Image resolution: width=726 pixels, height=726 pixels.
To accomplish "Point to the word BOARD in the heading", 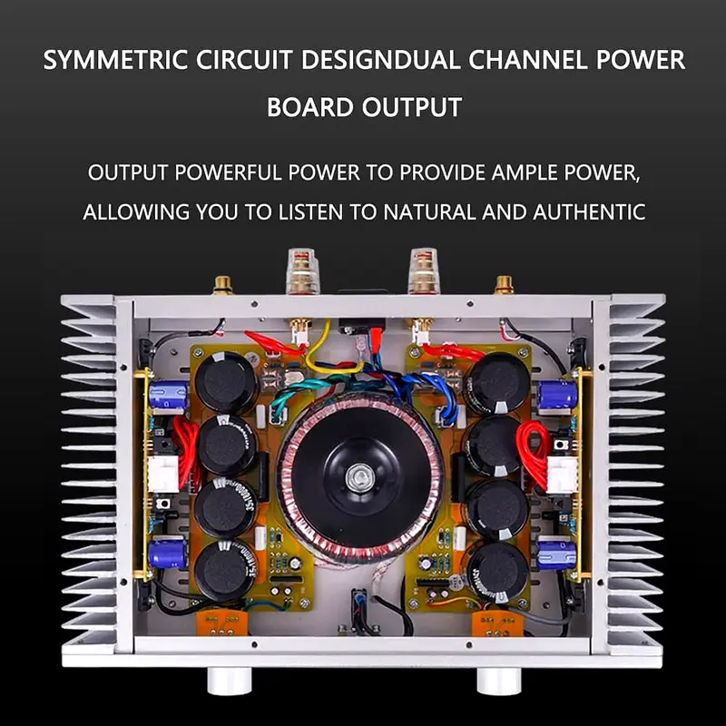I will [310, 107].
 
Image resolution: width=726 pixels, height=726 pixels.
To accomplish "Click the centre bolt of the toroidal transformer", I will [359, 474].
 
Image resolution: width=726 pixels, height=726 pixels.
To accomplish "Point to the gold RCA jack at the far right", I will [504, 286].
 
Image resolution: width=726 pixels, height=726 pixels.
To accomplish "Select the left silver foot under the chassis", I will [223, 680].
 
